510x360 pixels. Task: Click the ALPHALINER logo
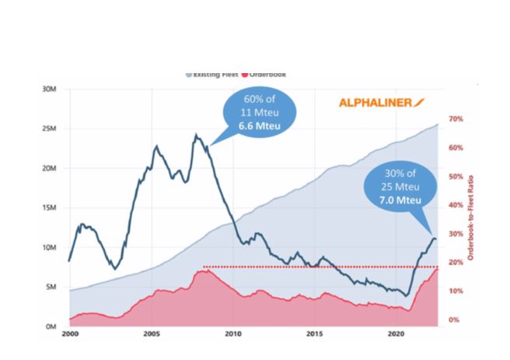[381, 102]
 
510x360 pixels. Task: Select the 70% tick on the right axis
[456, 119]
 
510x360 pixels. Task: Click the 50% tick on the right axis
[456, 177]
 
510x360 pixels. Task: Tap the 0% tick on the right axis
[454, 320]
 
